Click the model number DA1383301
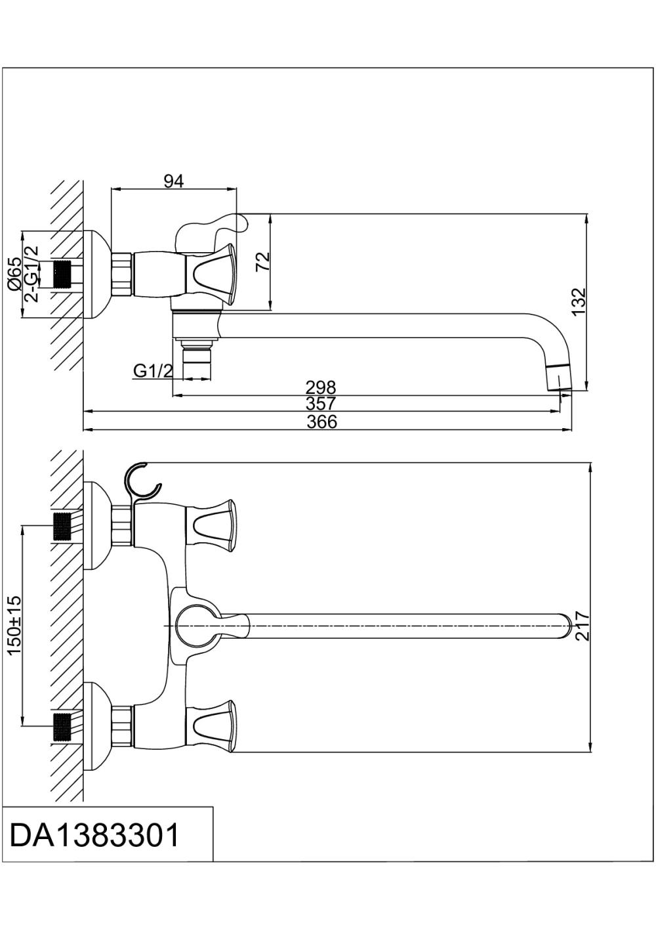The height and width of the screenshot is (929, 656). click(x=94, y=836)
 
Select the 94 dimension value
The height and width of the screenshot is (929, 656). click(x=173, y=182)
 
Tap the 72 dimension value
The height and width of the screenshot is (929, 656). click(x=262, y=262)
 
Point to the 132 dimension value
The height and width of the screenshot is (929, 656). click(x=578, y=301)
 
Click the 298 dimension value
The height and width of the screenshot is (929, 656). click(x=321, y=387)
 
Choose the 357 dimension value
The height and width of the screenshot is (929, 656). click(x=321, y=404)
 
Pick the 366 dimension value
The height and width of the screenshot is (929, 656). click(x=322, y=422)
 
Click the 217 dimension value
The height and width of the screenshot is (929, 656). click(x=582, y=626)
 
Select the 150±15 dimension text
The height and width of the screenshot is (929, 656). click(x=14, y=624)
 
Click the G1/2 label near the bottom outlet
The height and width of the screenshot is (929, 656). click(x=153, y=371)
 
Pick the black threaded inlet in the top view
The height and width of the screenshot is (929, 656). click(x=62, y=274)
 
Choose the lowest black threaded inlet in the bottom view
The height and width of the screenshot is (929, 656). click(x=62, y=726)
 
